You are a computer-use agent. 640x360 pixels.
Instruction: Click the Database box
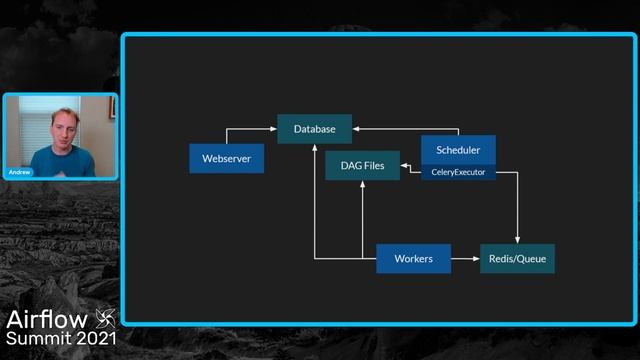click(314, 129)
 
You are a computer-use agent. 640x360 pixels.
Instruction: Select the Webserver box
click(226, 158)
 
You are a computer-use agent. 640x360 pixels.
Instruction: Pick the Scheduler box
click(458, 150)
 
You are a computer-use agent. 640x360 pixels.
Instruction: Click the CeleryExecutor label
click(458, 173)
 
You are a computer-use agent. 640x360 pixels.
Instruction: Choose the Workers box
click(413, 259)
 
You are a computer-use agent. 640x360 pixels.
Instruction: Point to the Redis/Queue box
click(517, 259)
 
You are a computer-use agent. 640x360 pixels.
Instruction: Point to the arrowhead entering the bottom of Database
click(314, 147)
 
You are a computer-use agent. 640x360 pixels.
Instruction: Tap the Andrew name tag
click(20, 172)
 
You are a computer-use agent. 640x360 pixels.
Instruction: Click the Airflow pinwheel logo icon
click(105, 319)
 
